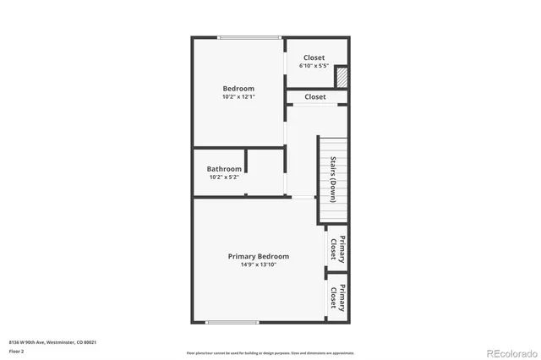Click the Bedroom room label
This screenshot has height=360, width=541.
coord(238,88)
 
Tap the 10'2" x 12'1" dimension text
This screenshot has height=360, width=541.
coord(238,96)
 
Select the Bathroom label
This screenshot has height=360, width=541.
coord(225,169)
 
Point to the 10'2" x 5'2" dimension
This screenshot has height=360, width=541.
coord(225,177)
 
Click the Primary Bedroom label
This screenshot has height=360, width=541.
coord(259,256)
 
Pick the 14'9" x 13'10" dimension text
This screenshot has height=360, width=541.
coord(259,265)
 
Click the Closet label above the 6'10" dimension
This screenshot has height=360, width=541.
coord(314,57)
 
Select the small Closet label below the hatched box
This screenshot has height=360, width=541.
coord(315,97)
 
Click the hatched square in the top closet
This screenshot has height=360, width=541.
coord(342,77)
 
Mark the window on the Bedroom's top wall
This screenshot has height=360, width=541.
coord(249,37)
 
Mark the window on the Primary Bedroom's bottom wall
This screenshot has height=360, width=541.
coord(232,322)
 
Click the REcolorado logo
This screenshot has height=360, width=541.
coord(508,351)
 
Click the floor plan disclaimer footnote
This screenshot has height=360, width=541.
coord(270,352)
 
